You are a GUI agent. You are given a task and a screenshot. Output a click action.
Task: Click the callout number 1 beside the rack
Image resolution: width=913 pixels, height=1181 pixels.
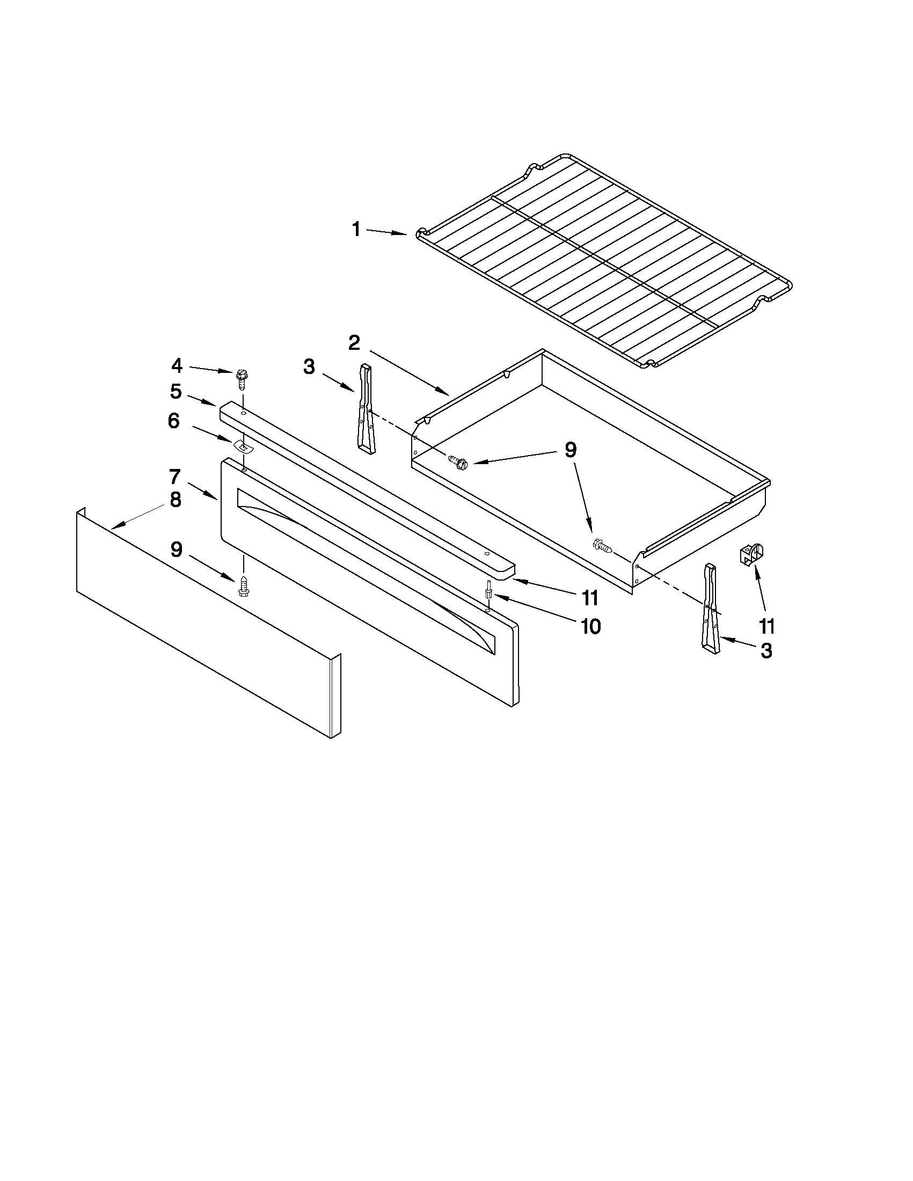pos(356,229)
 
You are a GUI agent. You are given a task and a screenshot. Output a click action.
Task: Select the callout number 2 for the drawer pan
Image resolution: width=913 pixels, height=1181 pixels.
pos(354,342)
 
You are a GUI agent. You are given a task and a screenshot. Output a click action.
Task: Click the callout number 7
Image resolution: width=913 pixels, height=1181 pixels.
pos(174,476)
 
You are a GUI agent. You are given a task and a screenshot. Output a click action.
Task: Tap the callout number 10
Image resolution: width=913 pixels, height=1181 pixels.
pos(590,626)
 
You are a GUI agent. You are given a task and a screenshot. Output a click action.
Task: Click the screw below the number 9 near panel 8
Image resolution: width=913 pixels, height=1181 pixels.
pos(243,585)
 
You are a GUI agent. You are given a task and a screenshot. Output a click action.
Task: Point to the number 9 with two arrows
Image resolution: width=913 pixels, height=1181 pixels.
pos(571,450)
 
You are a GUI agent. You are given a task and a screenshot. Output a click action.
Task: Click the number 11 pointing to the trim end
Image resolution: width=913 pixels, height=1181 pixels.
pos(590,598)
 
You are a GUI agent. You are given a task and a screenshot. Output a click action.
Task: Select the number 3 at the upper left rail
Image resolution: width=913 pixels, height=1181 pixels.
pos(309,366)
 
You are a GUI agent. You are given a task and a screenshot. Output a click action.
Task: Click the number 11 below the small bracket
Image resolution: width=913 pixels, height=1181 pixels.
pos(766,626)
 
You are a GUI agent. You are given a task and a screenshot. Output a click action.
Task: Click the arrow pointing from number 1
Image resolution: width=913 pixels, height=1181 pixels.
pos(387,232)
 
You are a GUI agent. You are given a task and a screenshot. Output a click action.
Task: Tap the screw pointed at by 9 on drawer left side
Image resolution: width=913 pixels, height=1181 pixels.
pos(458,462)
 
